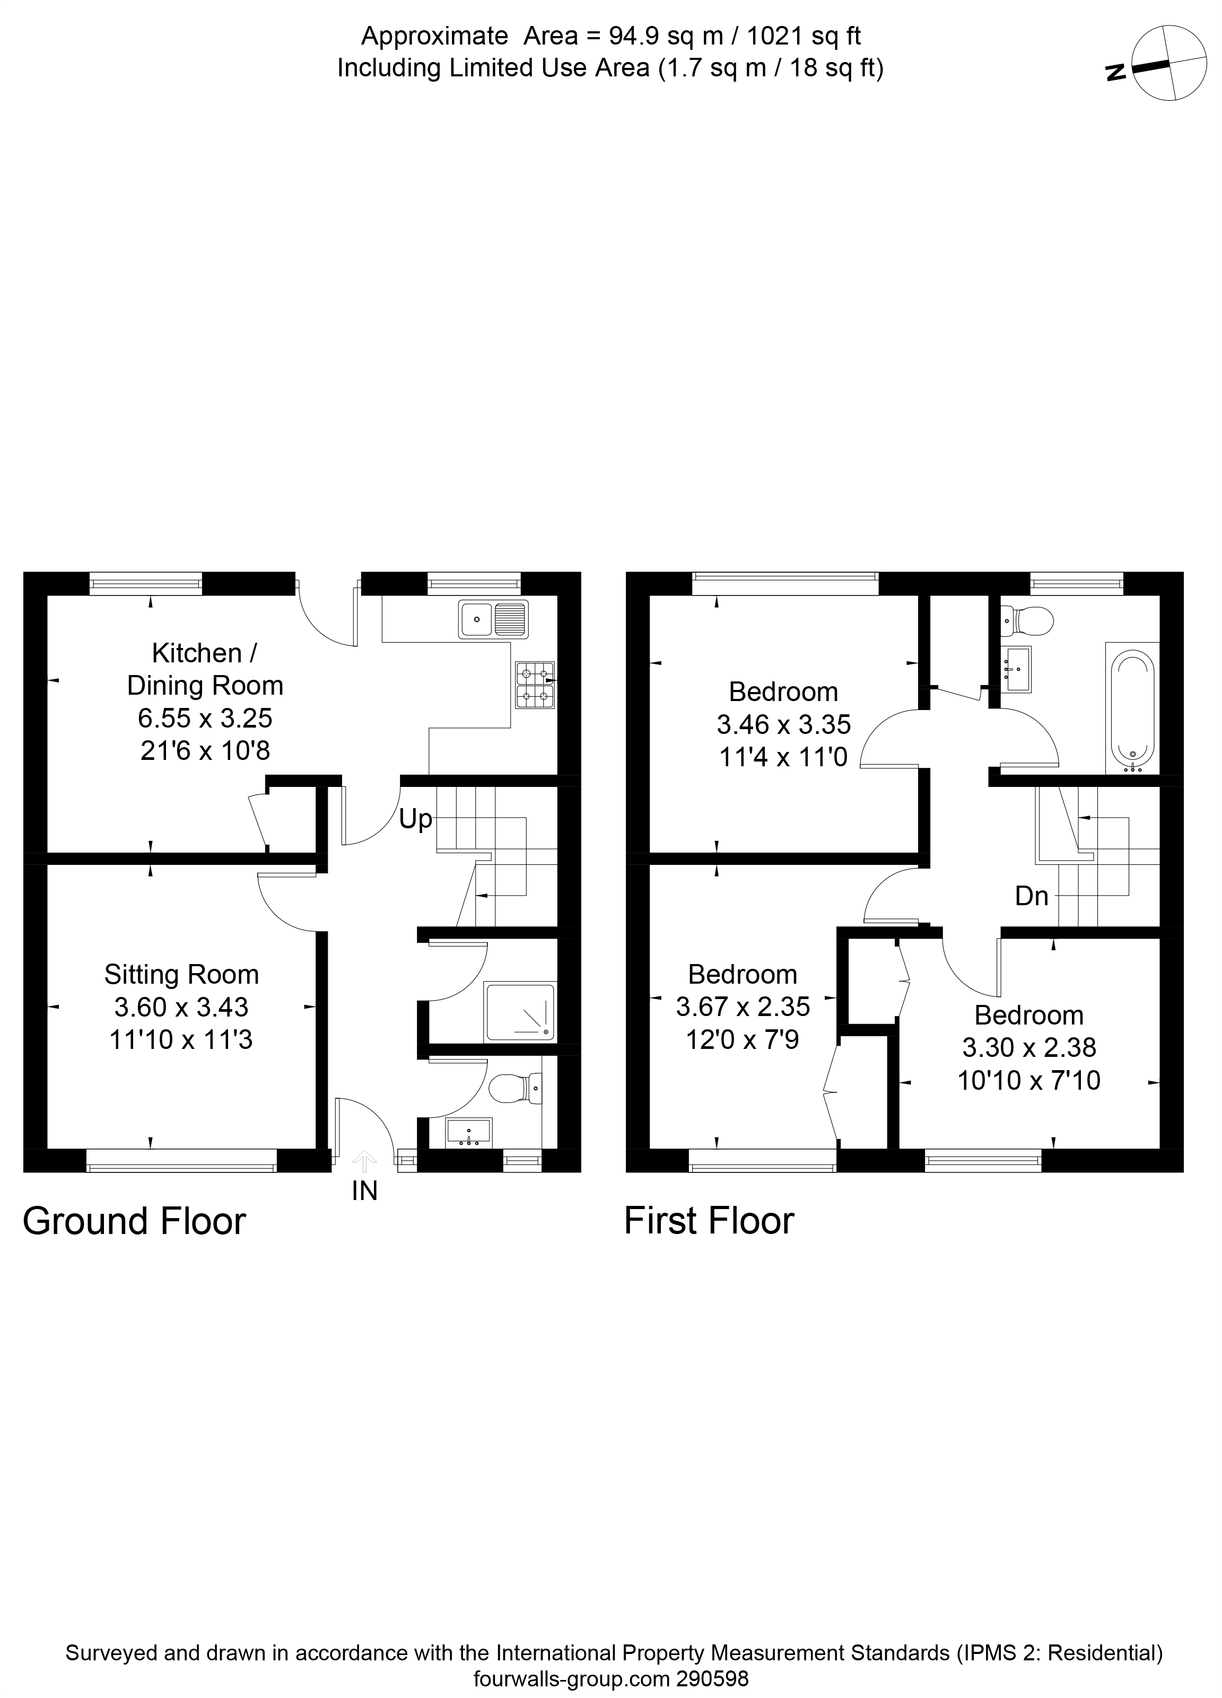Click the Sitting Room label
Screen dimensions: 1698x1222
point(181,974)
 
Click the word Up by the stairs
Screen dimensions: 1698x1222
point(416,819)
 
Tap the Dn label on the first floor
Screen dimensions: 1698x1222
point(1031,896)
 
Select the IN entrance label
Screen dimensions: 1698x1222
point(365,1191)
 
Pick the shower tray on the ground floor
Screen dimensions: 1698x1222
point(520,1013)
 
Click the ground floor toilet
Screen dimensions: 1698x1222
point(515,1087)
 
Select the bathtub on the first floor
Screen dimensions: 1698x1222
point(1132,710)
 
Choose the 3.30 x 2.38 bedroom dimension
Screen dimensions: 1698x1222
point(1029,1047)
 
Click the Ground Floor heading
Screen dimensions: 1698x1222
point(134,1221)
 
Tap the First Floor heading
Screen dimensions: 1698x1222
point(709,1221)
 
